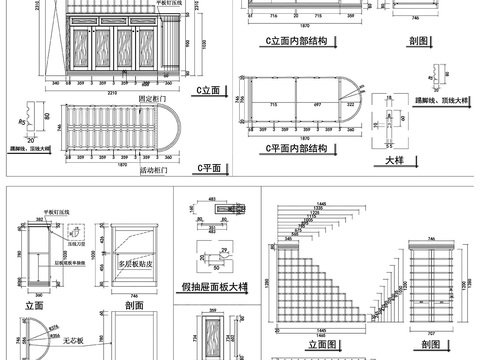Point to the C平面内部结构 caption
click(x=296, y=148)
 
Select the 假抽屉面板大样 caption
click(x=214, y=286)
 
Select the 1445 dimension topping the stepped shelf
click(x=321, y=204)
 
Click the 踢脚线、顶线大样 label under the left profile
click(x=26, y=148)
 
